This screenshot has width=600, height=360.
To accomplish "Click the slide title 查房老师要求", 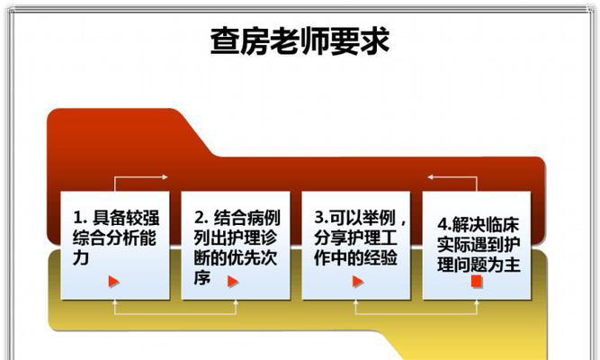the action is (x=300, y=40).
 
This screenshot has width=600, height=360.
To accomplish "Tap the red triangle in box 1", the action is (x=113, y=282).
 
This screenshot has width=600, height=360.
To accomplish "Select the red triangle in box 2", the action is (x=233, y=282).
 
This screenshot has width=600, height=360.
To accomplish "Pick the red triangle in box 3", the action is (x=358, y=282).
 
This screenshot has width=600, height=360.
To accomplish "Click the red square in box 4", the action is (x=477, y=282).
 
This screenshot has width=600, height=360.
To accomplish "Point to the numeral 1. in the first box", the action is (x=79, y=218).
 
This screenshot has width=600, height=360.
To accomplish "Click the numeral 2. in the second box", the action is (x=201, y=218).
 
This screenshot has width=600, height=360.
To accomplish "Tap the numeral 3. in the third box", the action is (x=320, y=218).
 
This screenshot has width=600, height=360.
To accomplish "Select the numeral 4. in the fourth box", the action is (x=444, y=225).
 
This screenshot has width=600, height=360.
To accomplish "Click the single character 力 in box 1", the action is (x=81, y=257).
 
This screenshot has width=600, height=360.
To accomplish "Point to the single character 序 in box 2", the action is (x=201, y=278).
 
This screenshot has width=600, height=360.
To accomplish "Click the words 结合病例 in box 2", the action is (x=246, y=218).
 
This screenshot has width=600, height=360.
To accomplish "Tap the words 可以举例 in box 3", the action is (x=362, y=218).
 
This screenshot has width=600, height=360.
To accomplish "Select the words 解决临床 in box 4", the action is (x=485, y=225).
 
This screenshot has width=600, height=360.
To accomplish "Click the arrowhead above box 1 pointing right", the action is (x=165, y=177).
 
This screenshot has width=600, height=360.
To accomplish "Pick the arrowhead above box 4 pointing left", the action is (x=431, y=177).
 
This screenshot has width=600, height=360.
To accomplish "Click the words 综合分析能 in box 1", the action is (x=114, y=238).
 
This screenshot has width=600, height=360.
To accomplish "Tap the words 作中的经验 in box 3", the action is (x=355, y=257).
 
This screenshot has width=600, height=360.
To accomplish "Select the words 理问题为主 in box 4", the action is (x=479, y=265).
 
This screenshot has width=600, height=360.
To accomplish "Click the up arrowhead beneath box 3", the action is (x=355, y=302).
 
